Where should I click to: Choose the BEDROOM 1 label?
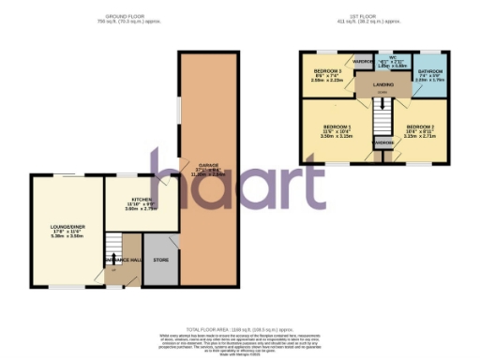(337, 127)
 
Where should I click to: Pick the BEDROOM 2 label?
(420, 127)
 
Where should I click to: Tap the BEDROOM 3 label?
(327, 71)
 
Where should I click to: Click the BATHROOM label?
(430, 71)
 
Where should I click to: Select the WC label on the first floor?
(385, 58)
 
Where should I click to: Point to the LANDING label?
(383, 85)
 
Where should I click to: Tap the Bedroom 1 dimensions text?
(337, 136)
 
